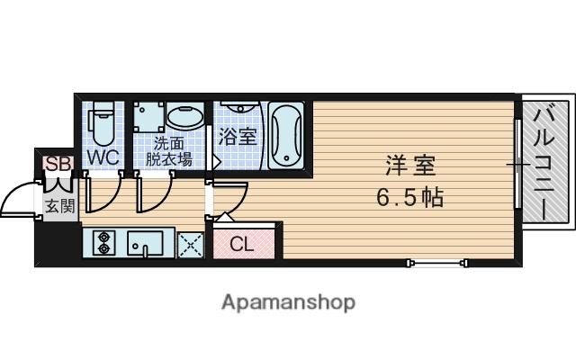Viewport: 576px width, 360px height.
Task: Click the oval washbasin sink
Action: tap(186, 118)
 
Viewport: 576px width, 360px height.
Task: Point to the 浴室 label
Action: tap(238, 138)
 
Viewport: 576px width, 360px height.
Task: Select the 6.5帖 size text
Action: tap(410, 196)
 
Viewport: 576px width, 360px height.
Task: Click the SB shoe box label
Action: tap(58, 164)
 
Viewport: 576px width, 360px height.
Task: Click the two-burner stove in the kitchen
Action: tap(103, 243)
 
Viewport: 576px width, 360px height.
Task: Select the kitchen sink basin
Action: tap(145, 243)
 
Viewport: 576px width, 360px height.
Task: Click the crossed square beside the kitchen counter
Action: tap(191, 244)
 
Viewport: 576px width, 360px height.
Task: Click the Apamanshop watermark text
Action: tap(288, 301)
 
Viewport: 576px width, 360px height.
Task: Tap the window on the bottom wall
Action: tap(436, 263)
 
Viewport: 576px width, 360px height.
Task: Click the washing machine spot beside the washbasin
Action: tap(149, 118)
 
